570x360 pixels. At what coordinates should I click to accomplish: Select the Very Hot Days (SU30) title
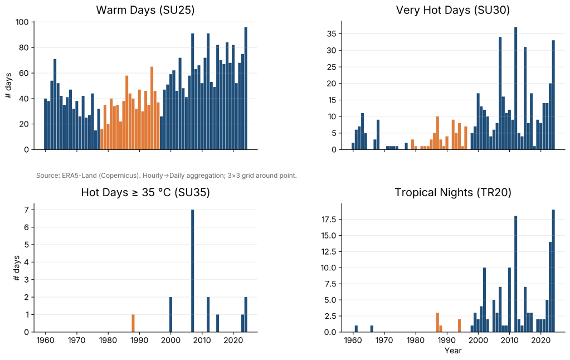click(x=452, y=10)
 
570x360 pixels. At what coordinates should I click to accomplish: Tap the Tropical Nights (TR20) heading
click(x=452, y=193)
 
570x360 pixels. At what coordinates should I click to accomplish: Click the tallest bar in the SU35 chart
click(x=192, y=271)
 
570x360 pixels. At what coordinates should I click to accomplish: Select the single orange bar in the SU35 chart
click(x=133, y=323)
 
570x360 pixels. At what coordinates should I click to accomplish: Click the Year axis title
click(x=452, y=351)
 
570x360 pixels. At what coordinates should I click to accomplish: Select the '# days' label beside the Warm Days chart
click(x=8, y=86)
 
